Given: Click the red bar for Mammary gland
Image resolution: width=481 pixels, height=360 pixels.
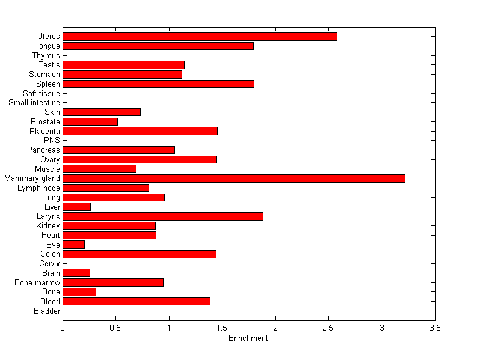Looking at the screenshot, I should click(233, 178).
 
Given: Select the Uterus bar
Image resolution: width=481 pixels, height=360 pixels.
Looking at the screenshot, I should click(200, 37).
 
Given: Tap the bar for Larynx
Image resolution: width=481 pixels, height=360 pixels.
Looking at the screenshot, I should click(162, 216).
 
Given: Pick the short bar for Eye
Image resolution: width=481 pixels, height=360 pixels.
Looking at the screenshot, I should click(73, 245).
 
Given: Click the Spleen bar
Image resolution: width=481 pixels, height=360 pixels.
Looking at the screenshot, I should click(158, 84).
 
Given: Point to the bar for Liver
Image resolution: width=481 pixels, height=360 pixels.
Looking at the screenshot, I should click(76, 207).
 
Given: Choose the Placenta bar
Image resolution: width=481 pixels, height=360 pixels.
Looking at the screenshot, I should click(139, 131).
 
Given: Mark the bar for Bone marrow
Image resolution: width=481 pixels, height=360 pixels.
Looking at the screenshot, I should click(112, 282).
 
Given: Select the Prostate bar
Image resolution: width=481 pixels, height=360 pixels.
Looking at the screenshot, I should click(90, 121).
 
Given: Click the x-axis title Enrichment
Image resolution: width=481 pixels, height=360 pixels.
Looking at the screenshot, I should click(248, 338).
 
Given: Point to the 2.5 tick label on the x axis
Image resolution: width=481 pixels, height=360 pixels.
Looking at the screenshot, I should click(328, 328).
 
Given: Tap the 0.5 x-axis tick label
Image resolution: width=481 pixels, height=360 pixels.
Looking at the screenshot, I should click(115, 328).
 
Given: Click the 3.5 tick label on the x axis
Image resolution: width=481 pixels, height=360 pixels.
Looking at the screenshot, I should click(435, 328).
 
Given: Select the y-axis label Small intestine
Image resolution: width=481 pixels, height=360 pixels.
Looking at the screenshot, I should click(34, 103).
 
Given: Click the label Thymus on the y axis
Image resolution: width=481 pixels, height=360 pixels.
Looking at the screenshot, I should click(46, 55).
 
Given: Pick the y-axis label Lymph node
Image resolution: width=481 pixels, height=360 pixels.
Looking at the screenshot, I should click(39, 188).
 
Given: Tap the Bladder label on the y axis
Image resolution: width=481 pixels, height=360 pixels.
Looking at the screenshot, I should click(47, 311).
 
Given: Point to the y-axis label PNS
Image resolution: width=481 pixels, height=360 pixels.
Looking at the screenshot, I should click(52, 141).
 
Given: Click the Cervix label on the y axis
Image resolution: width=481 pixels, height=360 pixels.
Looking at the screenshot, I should click(49, 264).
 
